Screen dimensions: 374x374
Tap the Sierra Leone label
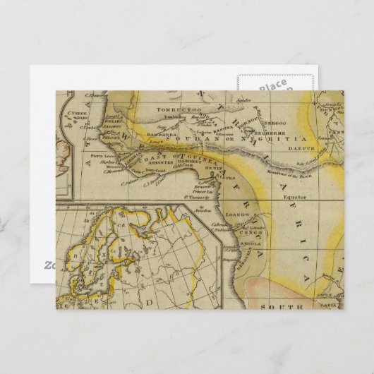[x=101, y=153]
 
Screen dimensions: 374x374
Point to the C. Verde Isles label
[x=73, y=114]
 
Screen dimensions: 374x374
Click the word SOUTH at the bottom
[x=280, y=308]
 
